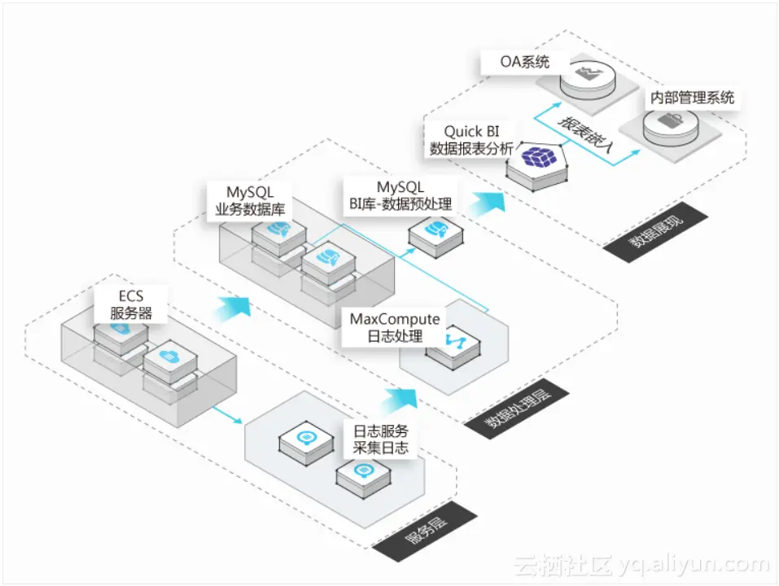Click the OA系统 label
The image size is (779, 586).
pos(526,62)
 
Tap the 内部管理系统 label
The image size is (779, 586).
pos(692,98)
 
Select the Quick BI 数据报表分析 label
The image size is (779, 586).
pos(471,140)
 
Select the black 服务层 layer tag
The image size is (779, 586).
pos(427,531)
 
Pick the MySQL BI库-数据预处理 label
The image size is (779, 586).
pos(400,196)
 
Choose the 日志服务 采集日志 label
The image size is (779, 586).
pos(381,439)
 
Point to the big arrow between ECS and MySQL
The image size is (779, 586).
pos(234,308)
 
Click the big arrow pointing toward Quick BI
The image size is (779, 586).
pos(491,200)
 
